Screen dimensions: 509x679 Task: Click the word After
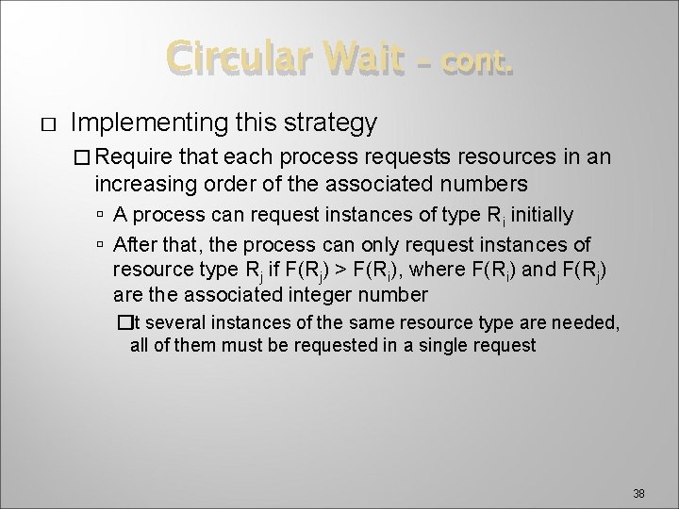[137, 245]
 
